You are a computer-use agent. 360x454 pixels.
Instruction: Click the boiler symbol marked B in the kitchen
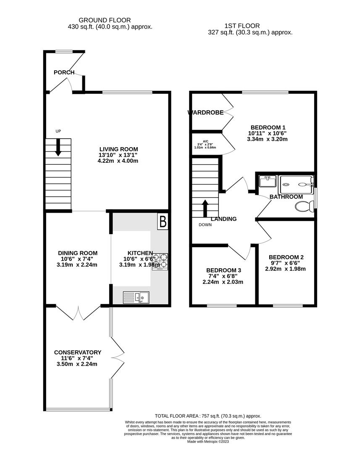[x=163, y=222]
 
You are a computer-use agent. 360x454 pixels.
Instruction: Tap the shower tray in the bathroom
[x=297, y=183]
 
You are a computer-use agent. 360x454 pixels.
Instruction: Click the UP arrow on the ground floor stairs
[x=58, y=148]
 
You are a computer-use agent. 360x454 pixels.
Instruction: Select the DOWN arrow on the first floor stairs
[x=205, y=207]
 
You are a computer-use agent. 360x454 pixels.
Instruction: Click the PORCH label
[x=64, y=72]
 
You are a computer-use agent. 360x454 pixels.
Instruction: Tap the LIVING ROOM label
[x=118, y=149]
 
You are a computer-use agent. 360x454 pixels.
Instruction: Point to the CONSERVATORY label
[x=78, y=352]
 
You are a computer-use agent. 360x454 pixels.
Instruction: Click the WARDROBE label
[x=205, y=112]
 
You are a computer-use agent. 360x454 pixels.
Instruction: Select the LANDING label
[x=223, y=219]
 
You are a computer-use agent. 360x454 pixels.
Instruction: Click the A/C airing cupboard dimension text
[x=205, y=144]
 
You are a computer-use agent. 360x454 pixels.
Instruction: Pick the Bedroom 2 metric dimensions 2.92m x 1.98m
[x=286, y=269]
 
